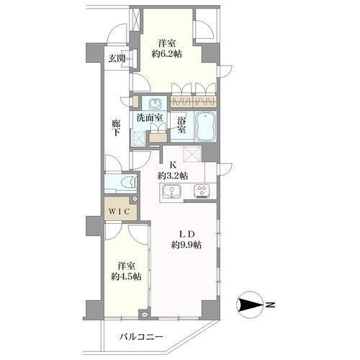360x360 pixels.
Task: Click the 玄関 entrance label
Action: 117,58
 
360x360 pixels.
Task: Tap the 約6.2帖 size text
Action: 166,55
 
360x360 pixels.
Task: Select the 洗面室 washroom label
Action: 150,117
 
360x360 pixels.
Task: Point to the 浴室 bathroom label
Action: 181,125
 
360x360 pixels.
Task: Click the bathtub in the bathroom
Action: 206,127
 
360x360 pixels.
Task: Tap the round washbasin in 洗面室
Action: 155,104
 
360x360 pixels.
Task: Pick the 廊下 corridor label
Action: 116,128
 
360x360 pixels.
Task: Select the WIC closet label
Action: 120,212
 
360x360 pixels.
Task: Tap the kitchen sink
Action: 171,192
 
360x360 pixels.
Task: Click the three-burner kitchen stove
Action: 202,192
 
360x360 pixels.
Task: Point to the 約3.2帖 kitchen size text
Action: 173,176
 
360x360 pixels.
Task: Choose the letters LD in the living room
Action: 186,233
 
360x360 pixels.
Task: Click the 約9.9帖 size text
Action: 186,245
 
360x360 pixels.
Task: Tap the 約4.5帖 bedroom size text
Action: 126,276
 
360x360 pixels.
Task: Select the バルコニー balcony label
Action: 141,337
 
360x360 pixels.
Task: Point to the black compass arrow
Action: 251,305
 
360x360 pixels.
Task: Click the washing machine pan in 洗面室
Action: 139,138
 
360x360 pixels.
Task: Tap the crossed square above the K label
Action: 192,153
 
